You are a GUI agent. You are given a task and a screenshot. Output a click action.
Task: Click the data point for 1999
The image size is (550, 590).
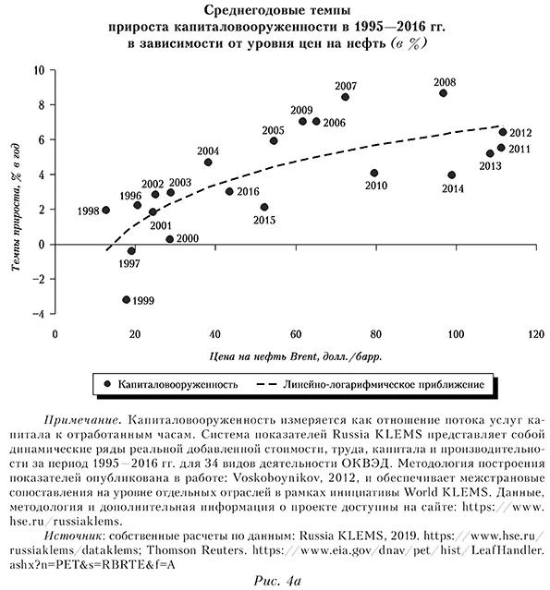click(x=127, y=299)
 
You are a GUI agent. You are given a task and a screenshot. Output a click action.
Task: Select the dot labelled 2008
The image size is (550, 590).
click(x=444, y=93)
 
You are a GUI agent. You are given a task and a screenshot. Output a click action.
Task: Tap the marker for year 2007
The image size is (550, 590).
click(x=345, y=97)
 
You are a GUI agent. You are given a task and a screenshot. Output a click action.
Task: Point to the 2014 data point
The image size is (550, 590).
click(x=451, y=175)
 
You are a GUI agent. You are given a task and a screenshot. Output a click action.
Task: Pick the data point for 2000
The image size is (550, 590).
click(x=170, y=239)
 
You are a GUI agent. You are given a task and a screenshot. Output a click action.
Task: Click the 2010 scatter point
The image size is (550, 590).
click(x=374, y=174)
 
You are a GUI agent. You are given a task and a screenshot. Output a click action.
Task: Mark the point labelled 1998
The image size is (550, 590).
click(x=105, y=211)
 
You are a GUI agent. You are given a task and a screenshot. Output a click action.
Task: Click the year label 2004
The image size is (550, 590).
click(x=208, y=151)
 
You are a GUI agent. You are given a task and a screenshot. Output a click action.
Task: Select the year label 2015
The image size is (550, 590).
click(x=264, y=221)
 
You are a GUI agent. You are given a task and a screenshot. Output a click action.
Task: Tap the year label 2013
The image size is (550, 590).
click(x=490, y=166)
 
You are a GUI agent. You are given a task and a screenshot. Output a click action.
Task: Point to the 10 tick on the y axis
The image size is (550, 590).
click(x=40, y=70)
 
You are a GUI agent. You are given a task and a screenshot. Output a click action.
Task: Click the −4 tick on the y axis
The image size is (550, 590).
click(x=40, y=314)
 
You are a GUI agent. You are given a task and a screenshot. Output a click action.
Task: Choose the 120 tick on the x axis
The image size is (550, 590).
click(x=533, y=333)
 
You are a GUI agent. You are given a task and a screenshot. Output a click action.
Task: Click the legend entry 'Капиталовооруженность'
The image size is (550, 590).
click(x=176, y=382)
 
